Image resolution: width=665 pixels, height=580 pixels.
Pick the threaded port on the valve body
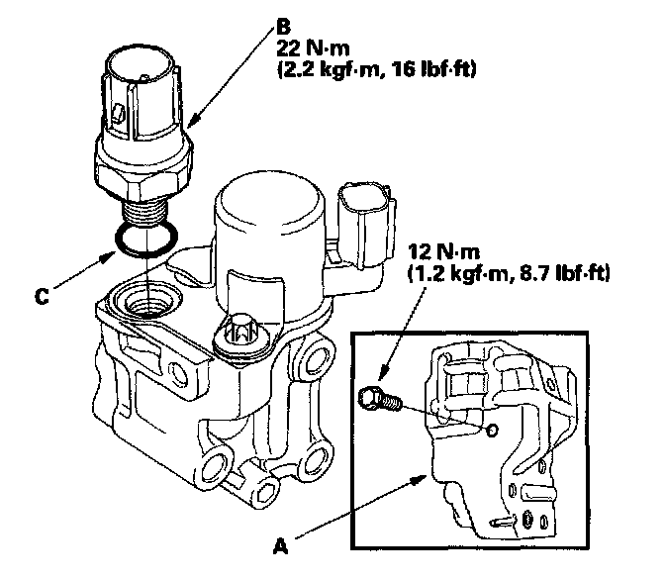point(146,298)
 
